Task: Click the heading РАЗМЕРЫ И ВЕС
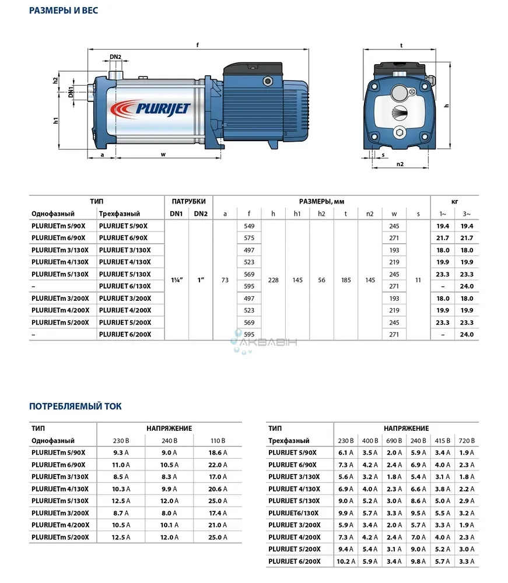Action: [64, 10]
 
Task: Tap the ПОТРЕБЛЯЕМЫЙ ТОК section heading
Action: [76, 406]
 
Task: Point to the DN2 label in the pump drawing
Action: [115, 57]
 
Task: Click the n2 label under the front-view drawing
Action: [400, 164]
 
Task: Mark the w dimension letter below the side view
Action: [163, 154]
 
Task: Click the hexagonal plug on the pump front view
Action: [400, 133]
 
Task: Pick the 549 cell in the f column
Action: [249, 226]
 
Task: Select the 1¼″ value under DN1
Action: [176, 280]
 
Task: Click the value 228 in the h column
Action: [273, 280]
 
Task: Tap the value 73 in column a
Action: [225, 280]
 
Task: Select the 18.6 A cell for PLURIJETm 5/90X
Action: [218, 452]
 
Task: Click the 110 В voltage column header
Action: [218, 441]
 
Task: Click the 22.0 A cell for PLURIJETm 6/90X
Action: [218, 465]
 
